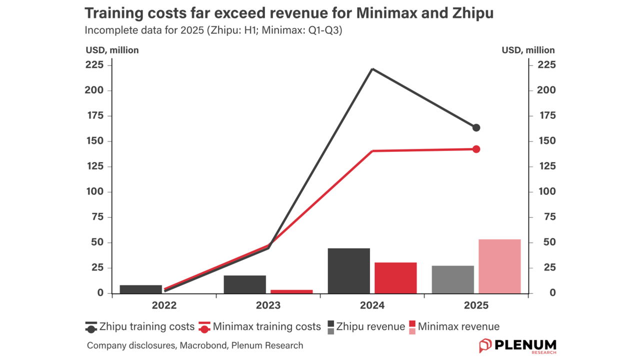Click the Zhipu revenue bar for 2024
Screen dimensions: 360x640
point(348,270)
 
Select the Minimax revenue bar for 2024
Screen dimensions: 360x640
point(395,277)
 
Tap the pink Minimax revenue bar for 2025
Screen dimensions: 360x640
point(499,266)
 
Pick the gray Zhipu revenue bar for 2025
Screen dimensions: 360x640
point(453,279)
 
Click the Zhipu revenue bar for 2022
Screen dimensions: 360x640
point(141,289)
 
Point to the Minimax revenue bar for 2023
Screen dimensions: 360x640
point(291,291)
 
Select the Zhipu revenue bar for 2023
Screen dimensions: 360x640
point(245,284)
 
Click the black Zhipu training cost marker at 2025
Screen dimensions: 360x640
point(476,127)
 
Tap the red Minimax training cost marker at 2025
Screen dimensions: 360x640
point(476,149)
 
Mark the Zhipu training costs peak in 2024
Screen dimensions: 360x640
point(372,69)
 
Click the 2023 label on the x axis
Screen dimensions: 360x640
point(268,305)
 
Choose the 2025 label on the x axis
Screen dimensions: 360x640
point(476,305)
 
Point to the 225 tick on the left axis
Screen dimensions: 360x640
point(94,65)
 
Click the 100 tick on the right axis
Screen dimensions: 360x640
point(546,191)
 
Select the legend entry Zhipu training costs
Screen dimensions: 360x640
point(140,327)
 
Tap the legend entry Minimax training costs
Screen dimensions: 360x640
point(260,327)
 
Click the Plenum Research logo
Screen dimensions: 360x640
point(517,345)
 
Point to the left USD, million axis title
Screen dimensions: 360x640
point(112,50)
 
